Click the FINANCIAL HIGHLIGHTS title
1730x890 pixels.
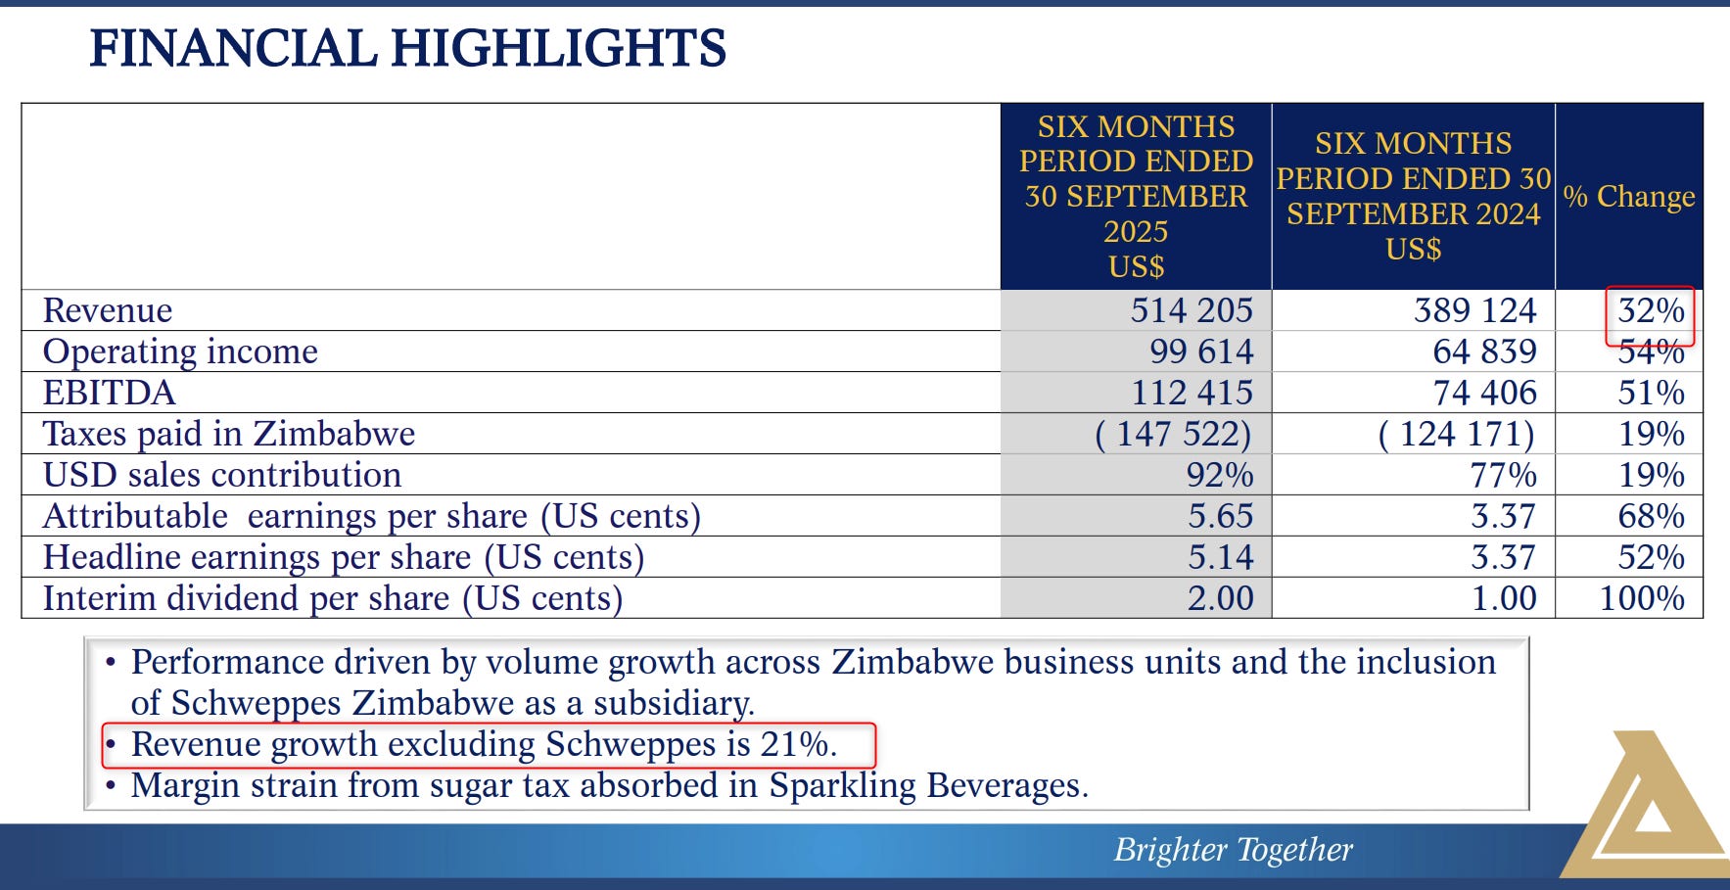pyautogui.click(x=407, y=48)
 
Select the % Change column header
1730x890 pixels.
pyautogui.click(x=1628, y=196)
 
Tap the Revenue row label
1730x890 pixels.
pyautogui.click(x=108, y=310)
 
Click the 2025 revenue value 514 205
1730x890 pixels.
pyautogui.click(x=1191, y=310)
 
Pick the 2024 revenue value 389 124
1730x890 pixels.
pyautogui.click(x=1474, y=310)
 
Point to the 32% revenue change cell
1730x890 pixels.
pyautogui.click(x=1651, y=310)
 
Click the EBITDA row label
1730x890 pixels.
pyautogui.click(x=109, y=393)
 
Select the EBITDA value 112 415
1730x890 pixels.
pyautogui.click(x=1192, y=393)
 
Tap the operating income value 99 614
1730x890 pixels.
pyautogui.click(x=1201, y=351)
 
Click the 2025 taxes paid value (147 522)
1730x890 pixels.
pyautogui.click(x=1173, y=434)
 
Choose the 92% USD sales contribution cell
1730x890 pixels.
pyautogui.click(x=1219, y=475)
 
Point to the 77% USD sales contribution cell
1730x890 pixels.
pyautogui.click(x=1503, y=475)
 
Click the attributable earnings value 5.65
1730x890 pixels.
pyautogui.click(x=1220, y=516)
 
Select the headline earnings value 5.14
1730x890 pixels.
pyautogui.click(x=1220, y=557)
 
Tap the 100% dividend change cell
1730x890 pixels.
pyautogui.click(x=1641, y=598)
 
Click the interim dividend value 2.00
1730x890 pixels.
pyautogui.click(x=1220, y=598)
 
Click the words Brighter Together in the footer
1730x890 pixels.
pyautogui.click(x=1233, y=849)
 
